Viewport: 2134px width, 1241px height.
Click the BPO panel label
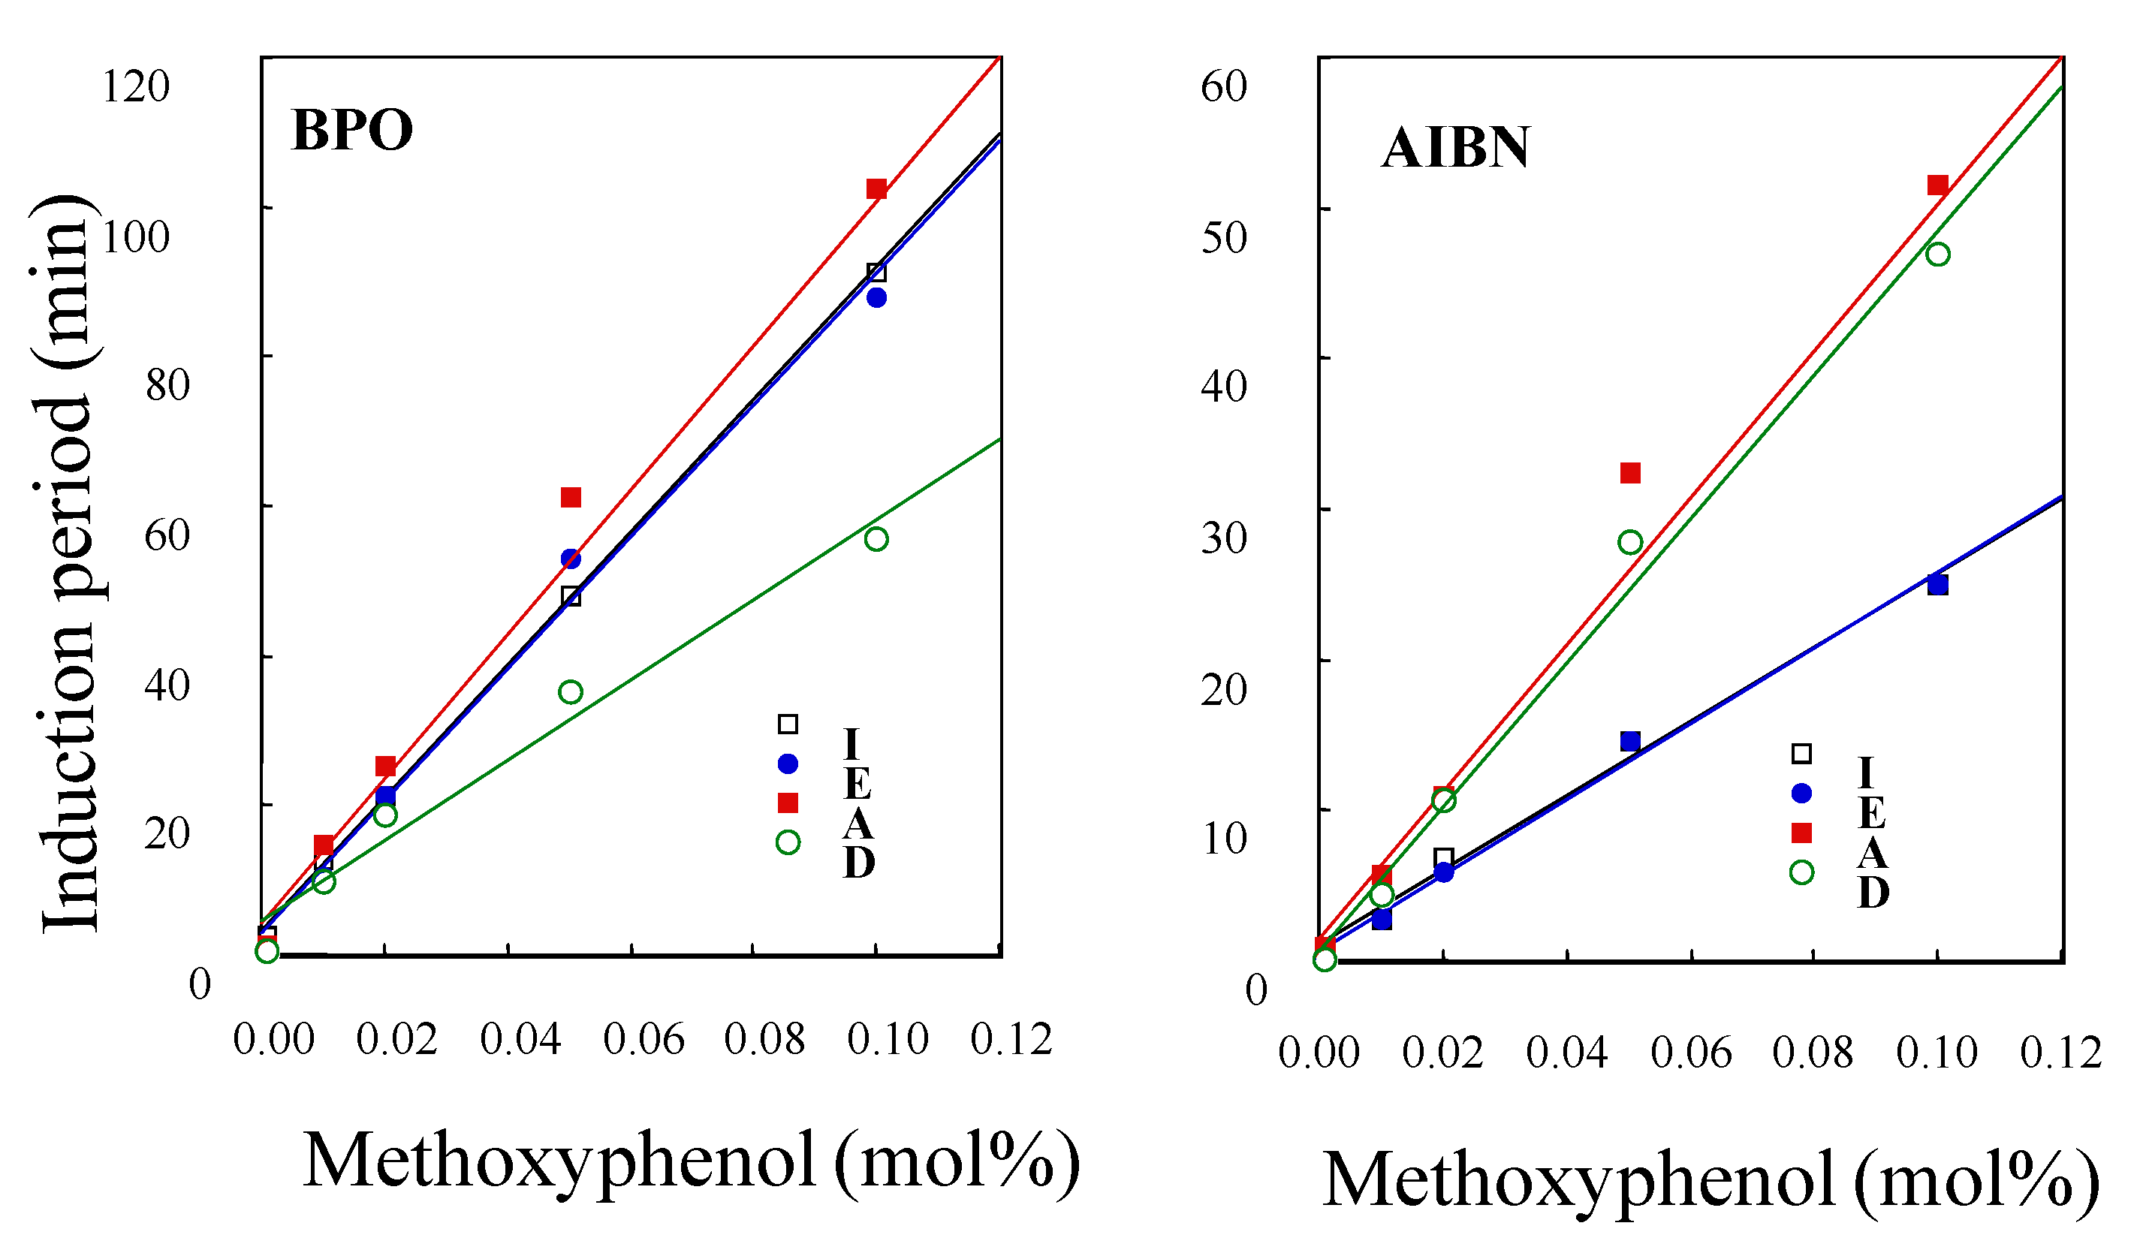[351, 131]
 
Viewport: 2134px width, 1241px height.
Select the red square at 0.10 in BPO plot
[876, 188]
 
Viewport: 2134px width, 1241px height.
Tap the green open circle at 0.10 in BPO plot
[876, 539]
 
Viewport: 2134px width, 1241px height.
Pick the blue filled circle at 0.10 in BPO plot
[876, 298]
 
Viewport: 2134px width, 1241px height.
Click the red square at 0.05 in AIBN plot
[1630, 473]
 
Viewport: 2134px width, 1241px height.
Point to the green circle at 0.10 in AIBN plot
[1937, 255]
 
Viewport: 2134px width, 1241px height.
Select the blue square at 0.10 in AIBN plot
[1937, 585]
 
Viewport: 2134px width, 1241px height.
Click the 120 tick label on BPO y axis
[135, 86]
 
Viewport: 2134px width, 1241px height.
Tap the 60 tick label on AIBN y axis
[1224, 86]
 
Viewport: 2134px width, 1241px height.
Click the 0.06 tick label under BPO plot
[644, 1039]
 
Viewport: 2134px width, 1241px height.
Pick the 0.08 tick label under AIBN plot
[1812, 1053]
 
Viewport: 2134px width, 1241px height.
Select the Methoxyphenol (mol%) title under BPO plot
[690, 1161]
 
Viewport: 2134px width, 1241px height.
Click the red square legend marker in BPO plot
[788, 803]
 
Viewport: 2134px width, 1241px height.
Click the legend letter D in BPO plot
[859, 863]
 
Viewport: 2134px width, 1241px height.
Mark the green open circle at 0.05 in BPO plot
[571, 692]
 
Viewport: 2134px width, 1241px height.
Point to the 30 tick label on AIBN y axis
[1224, 538]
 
